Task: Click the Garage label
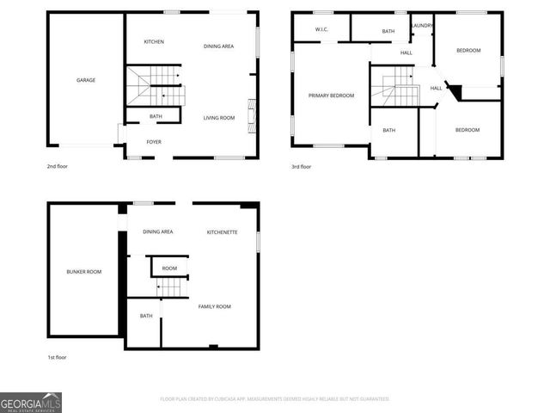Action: tap(86, 80)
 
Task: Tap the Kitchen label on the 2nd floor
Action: tap(154, 42)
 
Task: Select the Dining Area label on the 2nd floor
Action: tap(218, 46)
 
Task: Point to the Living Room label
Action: tap(219, 118)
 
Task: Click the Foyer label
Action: tap(154, 142)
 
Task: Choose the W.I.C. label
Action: tap(322, 30)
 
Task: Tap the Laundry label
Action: tap(422, 26)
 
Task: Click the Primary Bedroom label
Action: tap(331, 96)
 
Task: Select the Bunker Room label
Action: tap(84, 272)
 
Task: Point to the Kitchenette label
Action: tap(223, 232)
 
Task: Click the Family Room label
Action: tap(215, 306)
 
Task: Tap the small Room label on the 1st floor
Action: tap(169, 268)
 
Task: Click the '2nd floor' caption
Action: tap(57, 167)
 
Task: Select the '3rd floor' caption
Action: tap(301, 167)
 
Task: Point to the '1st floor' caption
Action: tap(57, 356)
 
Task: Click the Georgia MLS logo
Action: tap(31, 402)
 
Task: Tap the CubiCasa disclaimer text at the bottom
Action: tap(275, 399)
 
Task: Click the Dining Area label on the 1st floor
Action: tap(158, 231)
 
